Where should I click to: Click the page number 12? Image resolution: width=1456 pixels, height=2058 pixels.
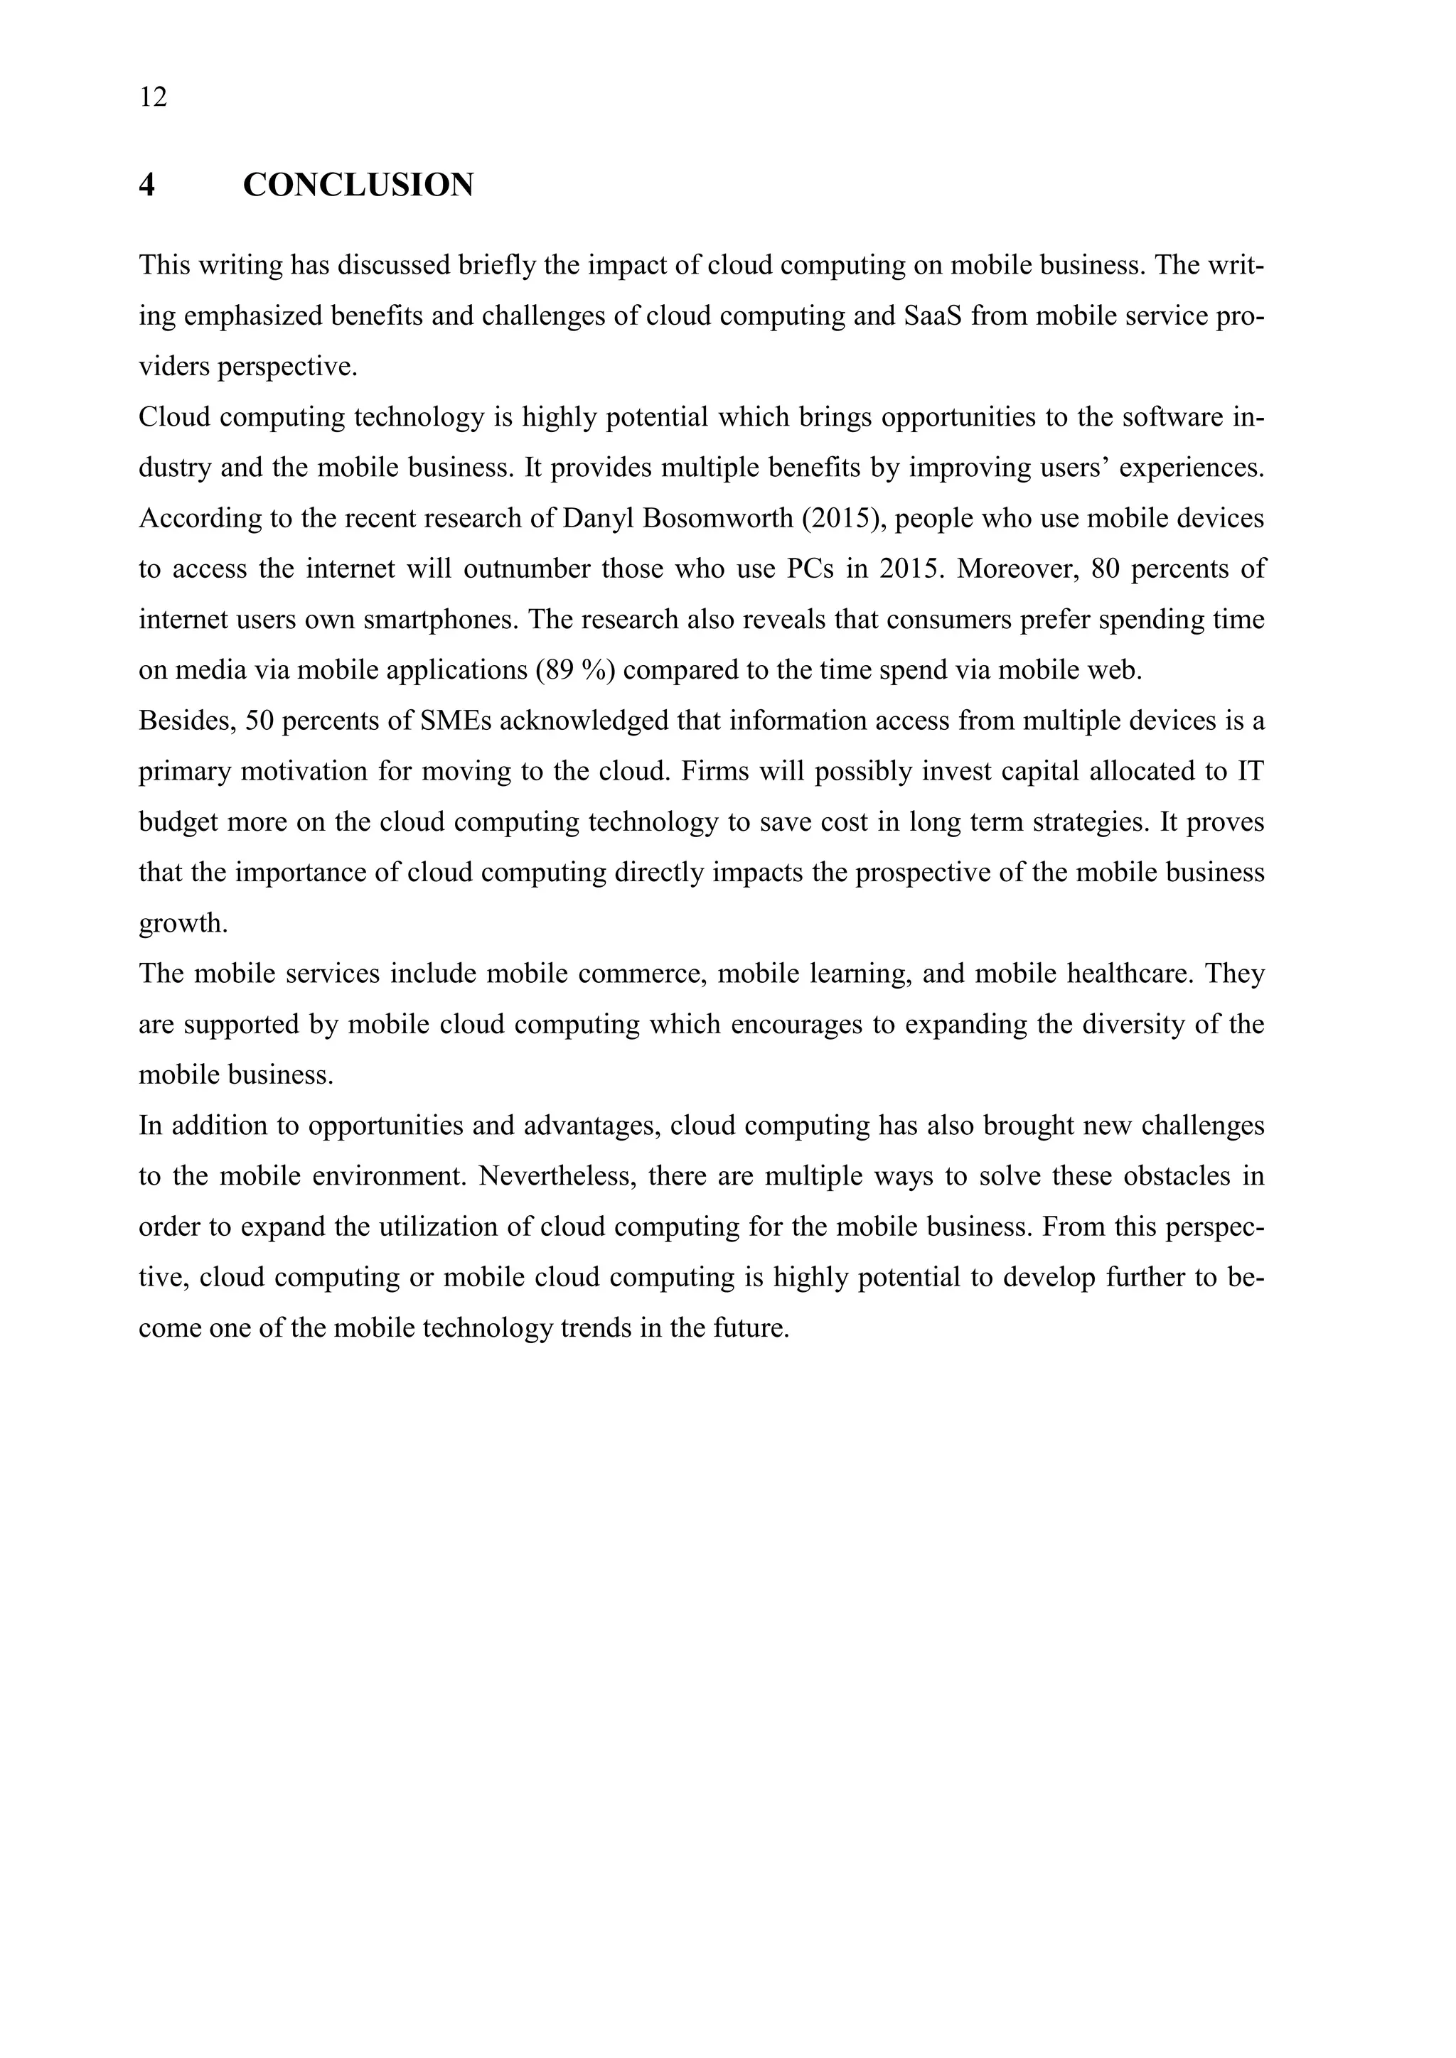(x=154, y=97)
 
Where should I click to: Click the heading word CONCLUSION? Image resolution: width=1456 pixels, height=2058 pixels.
(x=358, y=185)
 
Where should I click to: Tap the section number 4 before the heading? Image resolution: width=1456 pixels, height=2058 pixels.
(x=147, y=185)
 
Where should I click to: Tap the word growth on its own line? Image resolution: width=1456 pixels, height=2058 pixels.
(x=182, y=923)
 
